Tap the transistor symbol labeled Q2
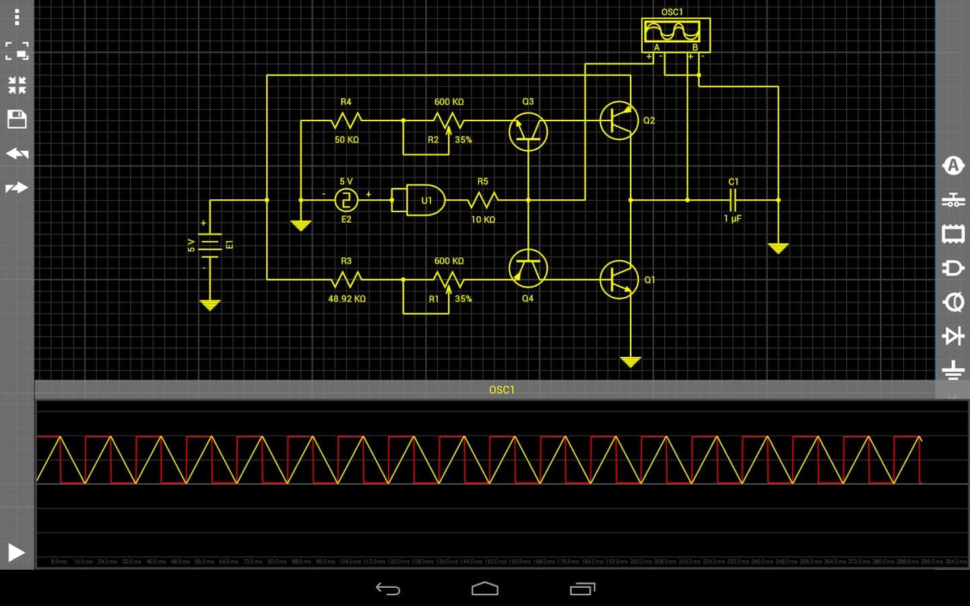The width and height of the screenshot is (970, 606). [618, 121]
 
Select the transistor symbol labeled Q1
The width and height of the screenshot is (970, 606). [618, 279]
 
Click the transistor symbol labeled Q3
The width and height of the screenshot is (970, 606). [528, 131]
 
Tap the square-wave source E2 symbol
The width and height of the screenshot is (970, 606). [346, 200]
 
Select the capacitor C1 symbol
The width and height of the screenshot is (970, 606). [733, 200]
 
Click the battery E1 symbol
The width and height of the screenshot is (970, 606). [210, 244]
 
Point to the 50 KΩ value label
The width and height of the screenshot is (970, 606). [347, 140]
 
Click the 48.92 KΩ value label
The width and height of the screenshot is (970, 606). [347, 299]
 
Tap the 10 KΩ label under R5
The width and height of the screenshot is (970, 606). [483, 220]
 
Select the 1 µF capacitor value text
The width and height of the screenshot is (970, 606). [733, 219]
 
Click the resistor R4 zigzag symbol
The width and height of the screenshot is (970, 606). [346, 121]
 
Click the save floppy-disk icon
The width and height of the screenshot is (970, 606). [17, 119]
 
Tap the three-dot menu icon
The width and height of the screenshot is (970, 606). [17, 17]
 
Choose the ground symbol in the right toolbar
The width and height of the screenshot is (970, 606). [952, 370]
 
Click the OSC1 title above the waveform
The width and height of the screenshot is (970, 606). [502, 390]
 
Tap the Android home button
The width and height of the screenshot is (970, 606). [485, 589]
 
